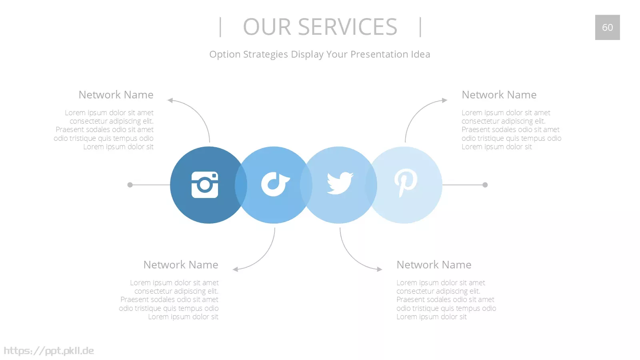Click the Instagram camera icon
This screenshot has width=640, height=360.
click(204, 185)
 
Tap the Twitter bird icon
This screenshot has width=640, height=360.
click(340, 183)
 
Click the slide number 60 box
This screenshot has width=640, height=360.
click(608, 28)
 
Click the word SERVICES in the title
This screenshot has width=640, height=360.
click(348, 27)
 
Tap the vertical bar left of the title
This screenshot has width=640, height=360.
click(220, 27)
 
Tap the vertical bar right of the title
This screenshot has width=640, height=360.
click(420, 27)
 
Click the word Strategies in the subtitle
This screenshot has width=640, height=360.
click(266, 54)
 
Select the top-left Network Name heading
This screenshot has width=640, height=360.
click(116, 94)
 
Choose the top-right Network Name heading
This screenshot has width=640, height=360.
click(499, 94)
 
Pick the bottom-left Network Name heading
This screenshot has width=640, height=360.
click(181, 264)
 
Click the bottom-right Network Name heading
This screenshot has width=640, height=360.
click(434, 264)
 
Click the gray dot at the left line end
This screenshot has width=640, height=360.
click(130, 185)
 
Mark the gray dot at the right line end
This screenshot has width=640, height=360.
click(485, 185)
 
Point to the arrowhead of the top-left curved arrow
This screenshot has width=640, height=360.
click(170, 100)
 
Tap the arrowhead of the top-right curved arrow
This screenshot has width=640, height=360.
click(444, 100)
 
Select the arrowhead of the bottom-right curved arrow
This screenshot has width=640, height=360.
click(380, 269)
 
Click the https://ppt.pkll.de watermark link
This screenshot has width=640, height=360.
click(48, 351)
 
